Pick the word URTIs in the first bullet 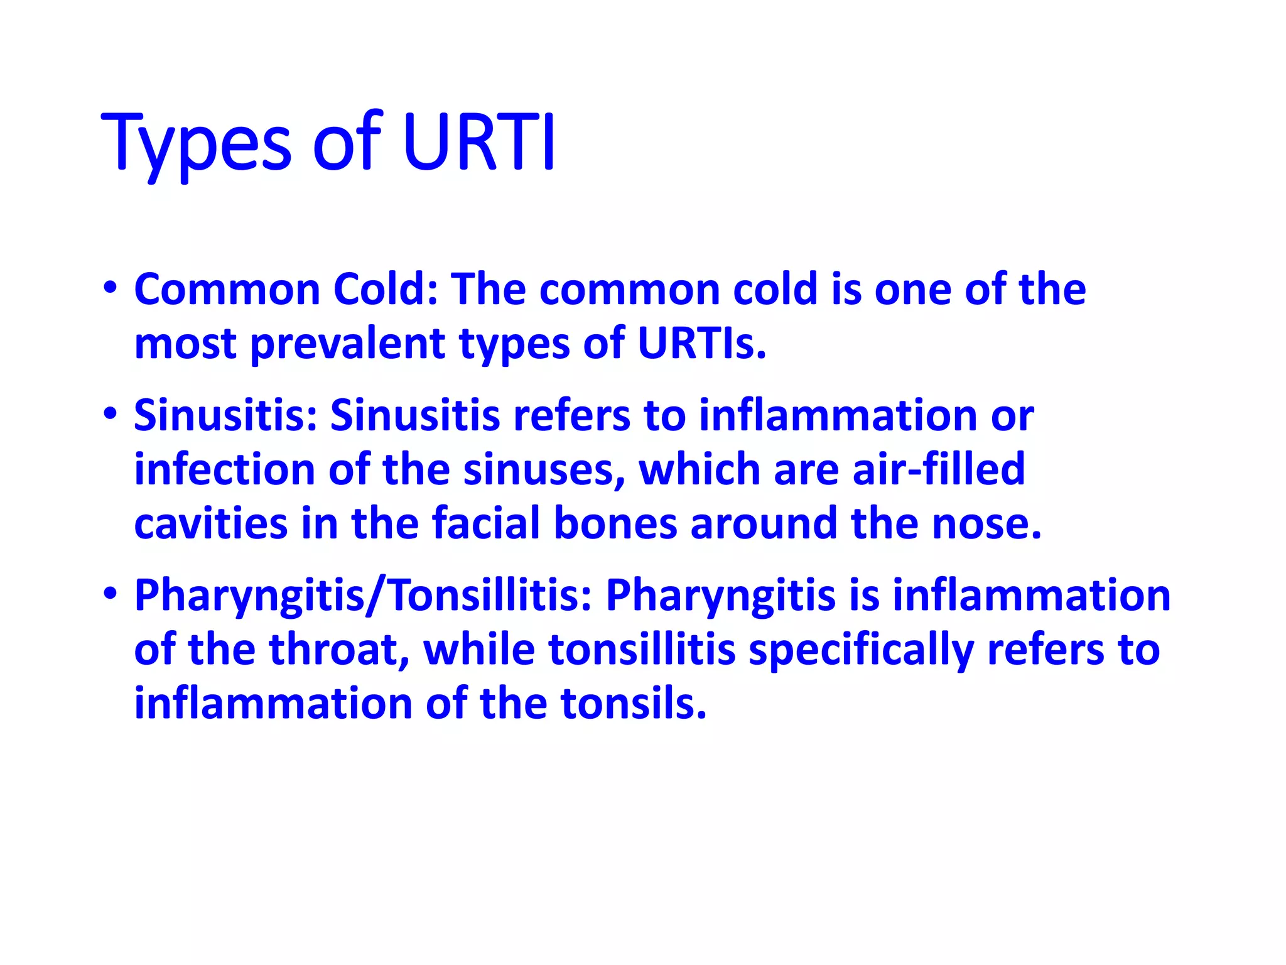pyautogui.click(x=701, y=344)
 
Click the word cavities pyautogui.click(x=210, y=523)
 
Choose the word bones pyautogui.click(x=615, y=523)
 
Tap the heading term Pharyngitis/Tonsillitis pyautogui.click(x=363, y=595)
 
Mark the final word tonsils pyautogui.click(x=634, y=703)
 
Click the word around pyautogui.click(x=764, y=523)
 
